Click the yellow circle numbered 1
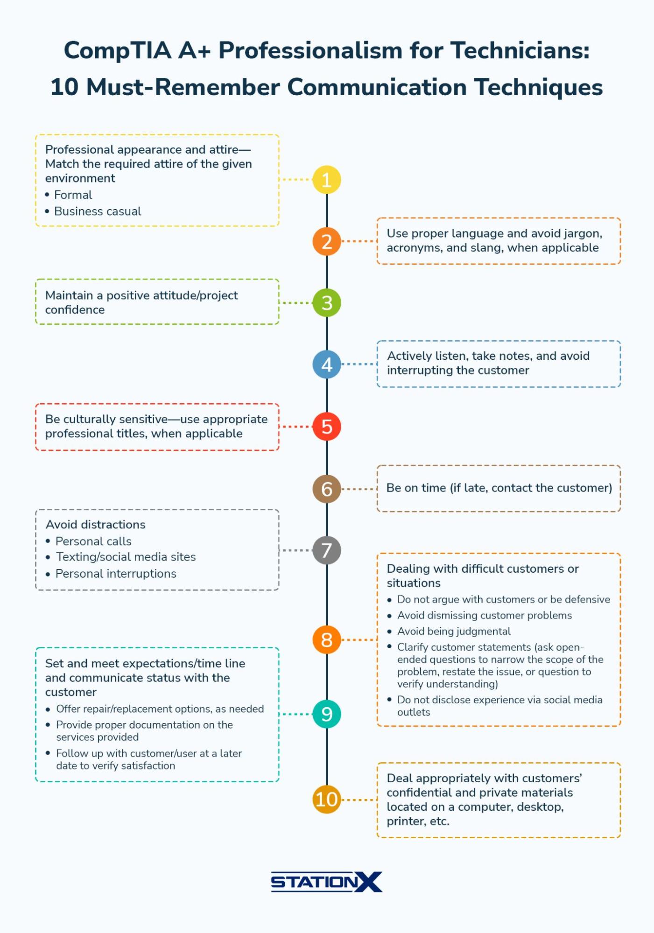click(x=327, y=180)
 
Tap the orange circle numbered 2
click(x=327, y=241)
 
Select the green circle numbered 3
click(x=327, y=303)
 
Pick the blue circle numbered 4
click(x=327, y=365)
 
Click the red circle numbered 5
click(x=327, y=427)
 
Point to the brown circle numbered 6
click(x=327, y=489)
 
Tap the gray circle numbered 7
click(x=327, y=550)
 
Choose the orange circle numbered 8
click(x=327, y=639)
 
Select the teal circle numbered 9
click(x=327, y=714)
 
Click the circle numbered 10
click(x=327, y=799)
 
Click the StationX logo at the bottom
click(x=327, y=882)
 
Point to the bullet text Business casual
click(x=98, y=211)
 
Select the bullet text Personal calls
click(x=93, y=541)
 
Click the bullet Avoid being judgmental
click(x=454, y=631)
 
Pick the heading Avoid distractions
click(x=96, y=525)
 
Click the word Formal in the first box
click(x=73, y=195)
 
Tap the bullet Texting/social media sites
click(x=126, y=557)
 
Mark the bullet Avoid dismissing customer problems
click(x=485, y=616)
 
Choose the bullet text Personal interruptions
click(x=116, y=574)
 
